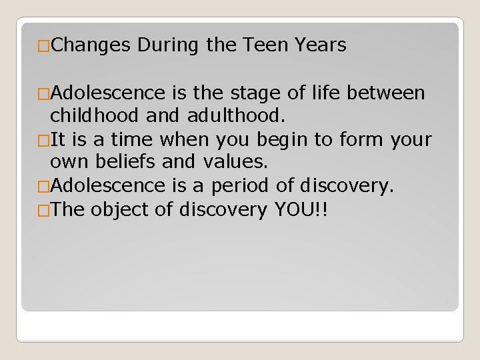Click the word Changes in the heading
coord(92,45)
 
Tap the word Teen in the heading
coord(263,45)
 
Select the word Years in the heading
coord(321,45)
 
